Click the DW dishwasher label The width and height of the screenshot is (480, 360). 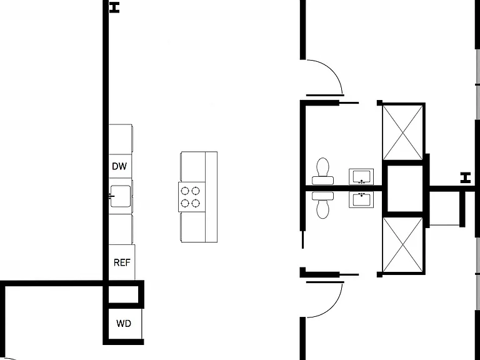pos(119,166)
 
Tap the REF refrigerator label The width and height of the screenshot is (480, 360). pos(122,262)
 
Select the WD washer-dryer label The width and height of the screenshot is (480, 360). pos(124,324)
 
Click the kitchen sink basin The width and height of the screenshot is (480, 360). pos(120,196)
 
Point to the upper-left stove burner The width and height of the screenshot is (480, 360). pos(184,191)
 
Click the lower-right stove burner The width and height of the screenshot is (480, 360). pos(196,203)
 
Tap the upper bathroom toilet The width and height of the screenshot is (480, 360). pos(322,171)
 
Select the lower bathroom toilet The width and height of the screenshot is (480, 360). pos(322,205)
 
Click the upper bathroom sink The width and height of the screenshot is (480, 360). pos(361,177)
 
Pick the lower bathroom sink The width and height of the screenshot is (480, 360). pos(361,200)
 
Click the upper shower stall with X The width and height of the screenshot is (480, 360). pos(403,132)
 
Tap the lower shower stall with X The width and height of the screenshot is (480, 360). pos(403,244)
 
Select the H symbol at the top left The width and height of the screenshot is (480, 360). pos(114,7)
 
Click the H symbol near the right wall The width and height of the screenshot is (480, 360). pos(465,178)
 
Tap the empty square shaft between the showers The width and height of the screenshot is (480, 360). pos(405,189)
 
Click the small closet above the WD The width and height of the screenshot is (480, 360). pos(123,294)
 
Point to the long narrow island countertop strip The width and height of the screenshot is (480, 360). pos(211,196)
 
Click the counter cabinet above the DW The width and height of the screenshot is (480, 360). pos(121,139)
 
